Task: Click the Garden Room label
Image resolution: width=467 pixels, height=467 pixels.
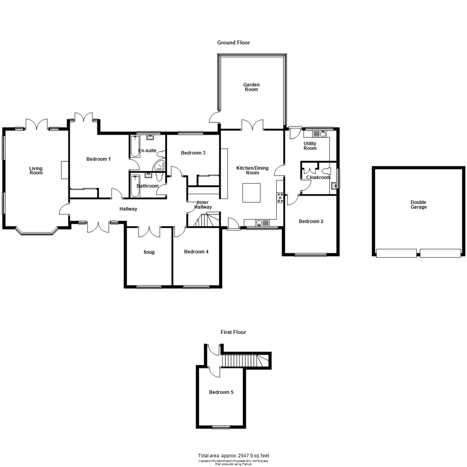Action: point(251,87)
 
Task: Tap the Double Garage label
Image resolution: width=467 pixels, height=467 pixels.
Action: point(419,205)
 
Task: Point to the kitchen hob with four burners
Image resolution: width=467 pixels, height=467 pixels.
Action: point(279,198)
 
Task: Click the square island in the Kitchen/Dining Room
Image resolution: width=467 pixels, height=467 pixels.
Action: point(251,193)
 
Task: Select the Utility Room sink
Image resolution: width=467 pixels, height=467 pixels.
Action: point(323,134)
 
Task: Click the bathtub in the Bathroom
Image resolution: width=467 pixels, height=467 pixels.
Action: point(135,186)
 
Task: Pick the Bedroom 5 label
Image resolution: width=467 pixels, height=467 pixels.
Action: point(221,392)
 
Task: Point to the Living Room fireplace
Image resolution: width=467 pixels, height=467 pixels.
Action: point(64,170)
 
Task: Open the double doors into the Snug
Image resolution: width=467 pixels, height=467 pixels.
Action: point(149,231)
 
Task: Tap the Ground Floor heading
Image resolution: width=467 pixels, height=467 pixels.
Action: point(233,43)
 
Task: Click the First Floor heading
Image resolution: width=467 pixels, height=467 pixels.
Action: point(233,332)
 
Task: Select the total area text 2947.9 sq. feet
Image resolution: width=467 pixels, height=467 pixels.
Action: point(233,456)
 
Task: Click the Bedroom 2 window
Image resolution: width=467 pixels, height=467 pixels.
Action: point(310,255)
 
